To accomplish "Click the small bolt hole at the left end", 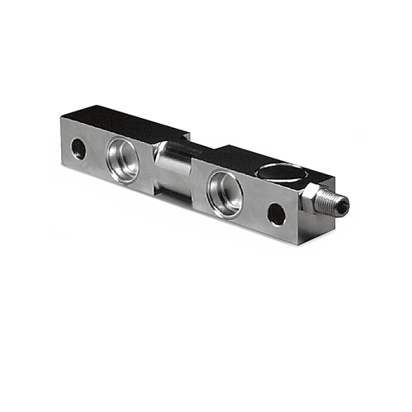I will tap(78, 149).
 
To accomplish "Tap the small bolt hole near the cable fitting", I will tap(277, 215).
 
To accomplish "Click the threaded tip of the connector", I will tap(339, 203).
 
